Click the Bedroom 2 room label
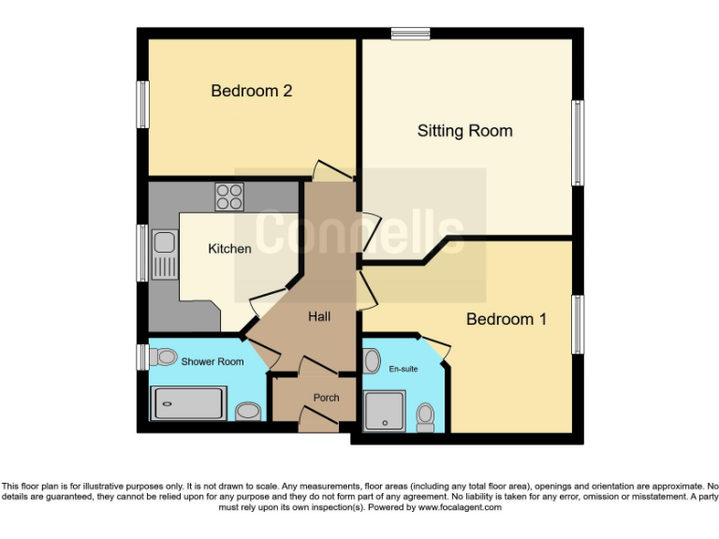251,91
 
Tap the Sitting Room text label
464,131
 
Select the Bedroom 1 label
506,320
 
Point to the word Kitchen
229,249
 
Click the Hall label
319,317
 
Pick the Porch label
326,398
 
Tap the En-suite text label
404,369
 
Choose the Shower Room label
213,361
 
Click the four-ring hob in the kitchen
229,197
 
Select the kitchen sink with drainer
165,254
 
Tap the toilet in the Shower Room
165,357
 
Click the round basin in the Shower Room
248,411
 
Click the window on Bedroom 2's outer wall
143,104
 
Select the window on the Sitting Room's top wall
410,34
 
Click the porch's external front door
316,422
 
